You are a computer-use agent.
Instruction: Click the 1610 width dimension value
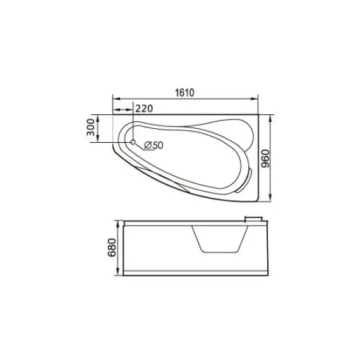184,92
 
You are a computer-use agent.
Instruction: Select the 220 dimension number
145,108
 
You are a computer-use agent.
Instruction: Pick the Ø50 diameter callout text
153,145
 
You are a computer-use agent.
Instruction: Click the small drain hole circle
133,142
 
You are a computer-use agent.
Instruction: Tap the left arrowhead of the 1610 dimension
115,99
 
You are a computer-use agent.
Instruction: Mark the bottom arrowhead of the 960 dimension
272,201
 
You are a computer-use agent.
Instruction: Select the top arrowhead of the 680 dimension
120,224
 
